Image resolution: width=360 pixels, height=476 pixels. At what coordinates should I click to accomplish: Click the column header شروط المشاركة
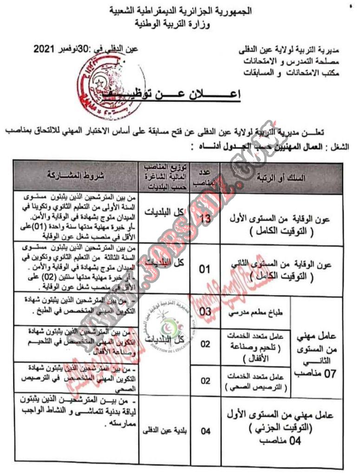[75, 175]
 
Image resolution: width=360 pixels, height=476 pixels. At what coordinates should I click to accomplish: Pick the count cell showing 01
[205, 269]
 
